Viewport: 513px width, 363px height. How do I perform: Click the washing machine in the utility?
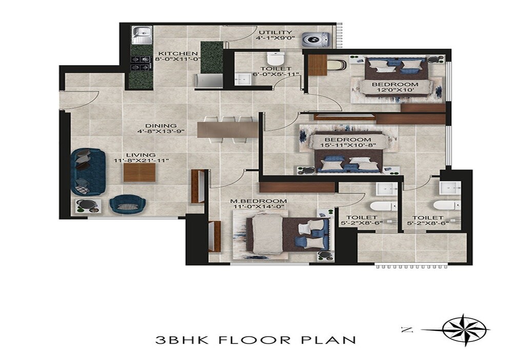coord(311,40)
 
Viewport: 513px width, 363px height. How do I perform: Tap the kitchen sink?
coord(141,35)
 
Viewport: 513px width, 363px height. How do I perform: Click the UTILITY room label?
coord(275,32)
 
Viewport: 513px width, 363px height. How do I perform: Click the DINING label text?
coord(161,126)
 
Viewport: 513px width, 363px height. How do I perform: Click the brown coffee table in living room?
coord(139,173)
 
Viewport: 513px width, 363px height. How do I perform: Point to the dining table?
coord(227,129)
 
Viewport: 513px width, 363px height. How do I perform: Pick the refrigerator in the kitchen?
coord(209,81)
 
